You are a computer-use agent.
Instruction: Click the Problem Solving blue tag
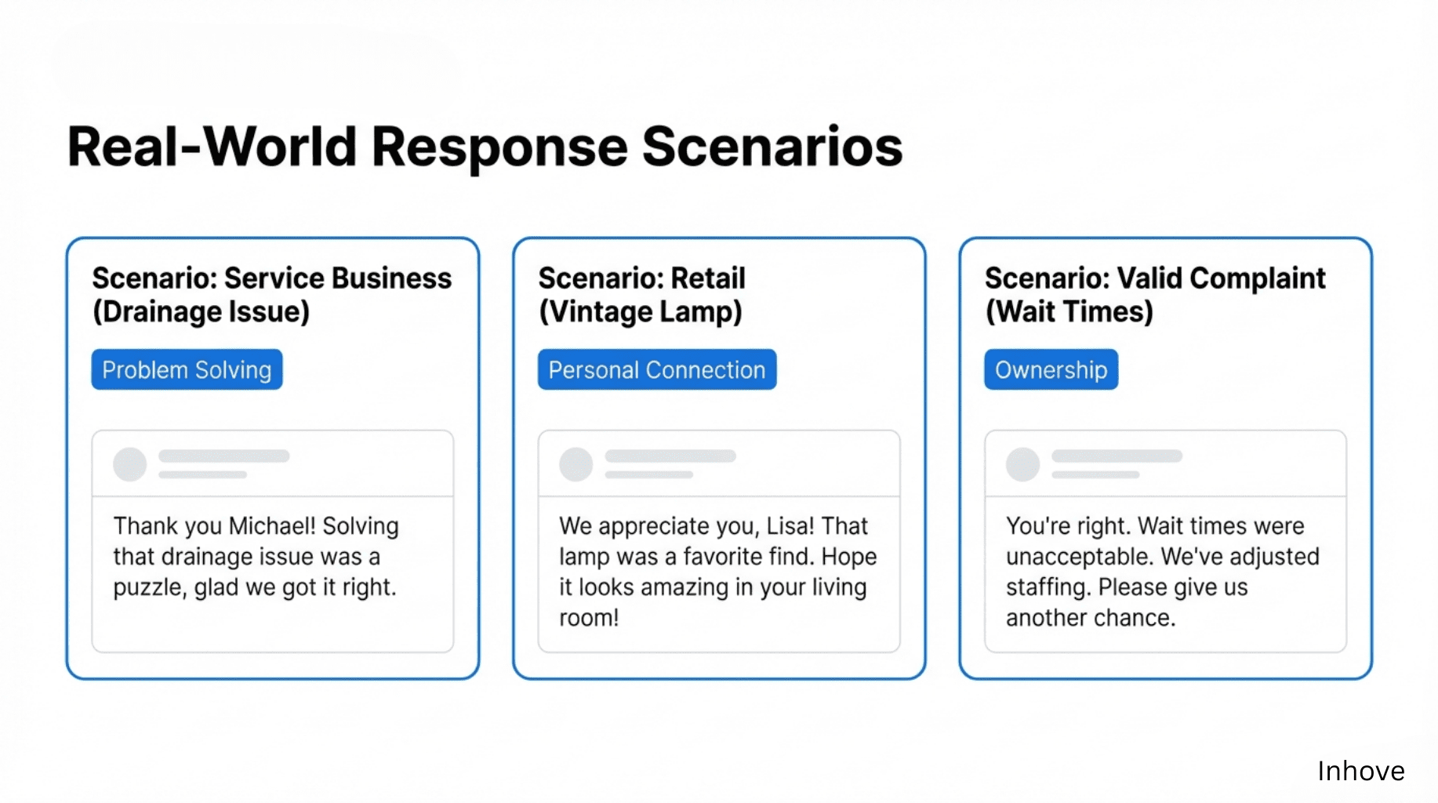point(187,369)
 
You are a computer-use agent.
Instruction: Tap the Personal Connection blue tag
point(657,369)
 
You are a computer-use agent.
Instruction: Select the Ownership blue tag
point(1051,369)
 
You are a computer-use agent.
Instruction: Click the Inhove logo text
point(1360,771)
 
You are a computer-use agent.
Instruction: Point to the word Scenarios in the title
point(772,147)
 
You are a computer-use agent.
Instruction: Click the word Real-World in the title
point(212,147)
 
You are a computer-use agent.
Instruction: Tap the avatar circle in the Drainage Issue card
point(130,464)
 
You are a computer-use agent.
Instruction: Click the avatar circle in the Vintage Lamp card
point(576,464)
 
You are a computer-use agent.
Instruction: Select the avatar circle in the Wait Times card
point(1023,464)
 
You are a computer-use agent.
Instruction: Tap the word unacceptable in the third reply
point(1080,557)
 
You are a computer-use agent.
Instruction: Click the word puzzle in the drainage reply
point(149,588)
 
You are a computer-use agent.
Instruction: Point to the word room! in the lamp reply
point(589,618)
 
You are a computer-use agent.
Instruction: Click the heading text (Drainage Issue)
point(202,312)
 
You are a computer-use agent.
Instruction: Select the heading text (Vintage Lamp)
point(641,312)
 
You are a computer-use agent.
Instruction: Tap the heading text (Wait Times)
point(1069,312)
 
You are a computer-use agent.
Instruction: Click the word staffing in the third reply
point(1048,587)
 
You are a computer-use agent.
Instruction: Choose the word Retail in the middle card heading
point(708,278)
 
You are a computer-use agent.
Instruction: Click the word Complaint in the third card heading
point(1258,279)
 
